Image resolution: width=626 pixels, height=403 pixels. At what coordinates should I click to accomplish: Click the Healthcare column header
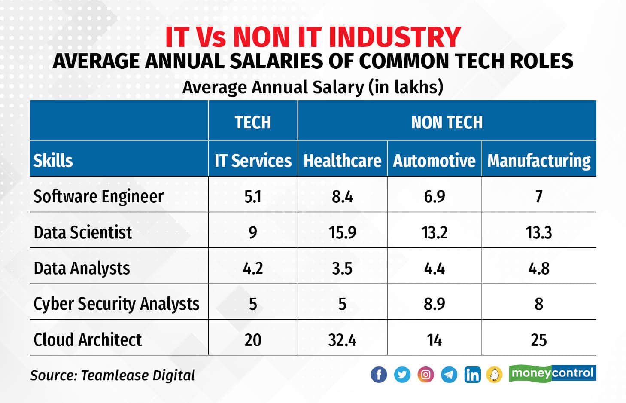click(342, 161)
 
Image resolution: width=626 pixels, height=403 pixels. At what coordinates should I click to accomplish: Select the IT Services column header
click(253, 161)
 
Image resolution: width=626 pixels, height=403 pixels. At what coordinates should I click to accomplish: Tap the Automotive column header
click(434, 161)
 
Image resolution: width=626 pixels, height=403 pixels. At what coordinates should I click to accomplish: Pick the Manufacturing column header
click(539, 161)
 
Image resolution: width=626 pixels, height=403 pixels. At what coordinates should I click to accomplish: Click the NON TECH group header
click(447, 122)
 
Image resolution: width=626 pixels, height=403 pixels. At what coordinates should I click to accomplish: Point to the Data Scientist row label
click(83, 232)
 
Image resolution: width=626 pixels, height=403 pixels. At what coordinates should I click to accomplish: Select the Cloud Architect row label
click(88, 340)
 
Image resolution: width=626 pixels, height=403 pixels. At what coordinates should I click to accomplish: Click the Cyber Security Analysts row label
click(116, 304)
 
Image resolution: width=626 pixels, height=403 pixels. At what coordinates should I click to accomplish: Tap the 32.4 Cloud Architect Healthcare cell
click(342, 340)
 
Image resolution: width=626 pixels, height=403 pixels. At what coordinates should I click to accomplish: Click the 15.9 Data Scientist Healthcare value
click(342, 233)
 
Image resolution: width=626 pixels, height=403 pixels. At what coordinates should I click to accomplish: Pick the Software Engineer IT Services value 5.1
click(253, 197)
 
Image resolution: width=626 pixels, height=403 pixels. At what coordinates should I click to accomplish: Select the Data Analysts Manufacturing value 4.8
click(539, 269)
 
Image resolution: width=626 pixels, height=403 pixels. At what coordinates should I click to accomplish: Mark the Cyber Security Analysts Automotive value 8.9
click(434, 304)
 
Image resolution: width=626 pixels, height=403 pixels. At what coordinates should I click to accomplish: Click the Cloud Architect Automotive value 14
click(434, 340)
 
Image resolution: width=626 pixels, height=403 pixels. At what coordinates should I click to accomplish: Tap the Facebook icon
click(379, 375)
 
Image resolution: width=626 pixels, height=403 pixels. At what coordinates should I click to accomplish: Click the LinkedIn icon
click(472, 375)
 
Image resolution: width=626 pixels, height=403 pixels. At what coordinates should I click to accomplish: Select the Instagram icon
click(425, 375)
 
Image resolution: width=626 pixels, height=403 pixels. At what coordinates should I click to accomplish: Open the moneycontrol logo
click(553, 373)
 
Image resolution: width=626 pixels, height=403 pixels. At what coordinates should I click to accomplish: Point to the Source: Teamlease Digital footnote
click(112, 376)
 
